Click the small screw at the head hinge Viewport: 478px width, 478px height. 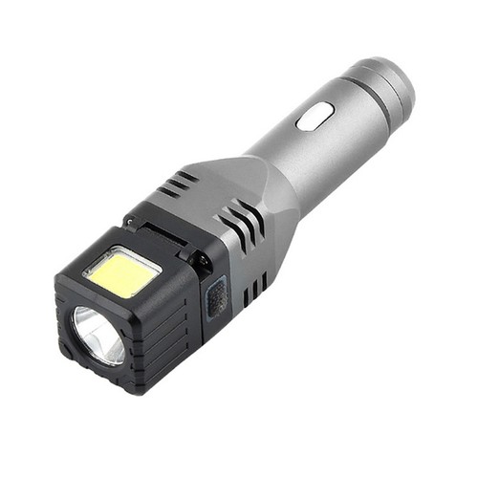[201, 258]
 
